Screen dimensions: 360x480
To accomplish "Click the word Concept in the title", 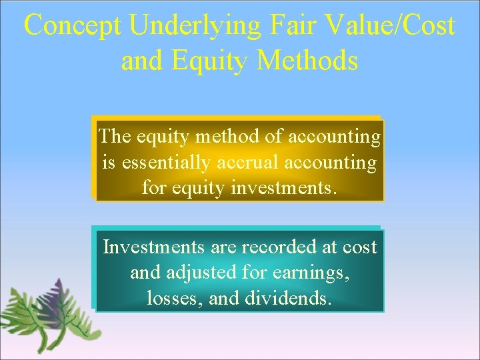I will point(73,27).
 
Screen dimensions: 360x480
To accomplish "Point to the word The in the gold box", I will point(114,137).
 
